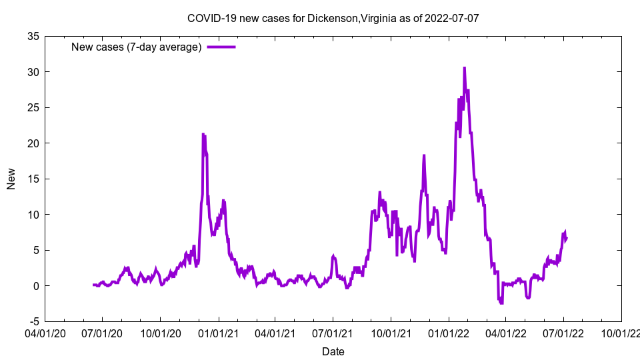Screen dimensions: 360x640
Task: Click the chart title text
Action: tap(333, 18)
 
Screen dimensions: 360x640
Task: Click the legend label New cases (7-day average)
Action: tap(136, 47)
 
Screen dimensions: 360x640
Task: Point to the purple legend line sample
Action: tap(221, 47)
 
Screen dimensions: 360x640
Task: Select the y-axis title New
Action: tap(11, 179)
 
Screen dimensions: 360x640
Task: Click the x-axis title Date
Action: tap(333, 351)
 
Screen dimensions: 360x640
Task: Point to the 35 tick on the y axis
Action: tap(33, 36)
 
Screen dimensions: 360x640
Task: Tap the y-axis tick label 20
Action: tap(33, 143)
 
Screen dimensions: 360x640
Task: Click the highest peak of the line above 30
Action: tap(464, 67)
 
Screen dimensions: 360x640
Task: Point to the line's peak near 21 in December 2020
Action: tap(203, 134)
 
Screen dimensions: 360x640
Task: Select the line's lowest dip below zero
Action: tap(501, 303)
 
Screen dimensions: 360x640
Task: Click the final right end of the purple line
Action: tap(567, 238)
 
